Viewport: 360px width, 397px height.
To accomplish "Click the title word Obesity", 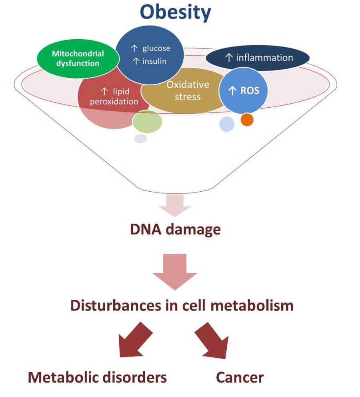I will coord(176,12).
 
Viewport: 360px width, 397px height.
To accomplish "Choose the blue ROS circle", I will coord(243,90).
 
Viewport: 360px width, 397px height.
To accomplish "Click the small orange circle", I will coord(247,119).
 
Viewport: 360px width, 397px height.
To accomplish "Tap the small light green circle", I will coord(147,122).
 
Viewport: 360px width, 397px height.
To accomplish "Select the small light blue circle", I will coord(227,124).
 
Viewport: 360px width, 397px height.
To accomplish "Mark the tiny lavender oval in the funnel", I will coord(140,138).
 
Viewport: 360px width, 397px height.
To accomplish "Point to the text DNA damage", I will coord(175,230).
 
